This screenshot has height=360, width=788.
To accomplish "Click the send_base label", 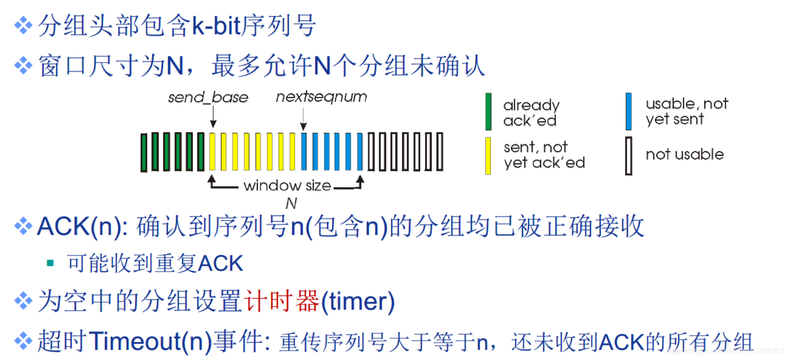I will (208, 97).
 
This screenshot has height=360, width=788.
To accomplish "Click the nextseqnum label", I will (321, 97).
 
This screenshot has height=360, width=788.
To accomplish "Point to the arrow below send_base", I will (213, 118).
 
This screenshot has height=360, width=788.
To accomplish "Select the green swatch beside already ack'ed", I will (488, 112).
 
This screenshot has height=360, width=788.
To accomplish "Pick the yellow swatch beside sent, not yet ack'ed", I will (488, 156).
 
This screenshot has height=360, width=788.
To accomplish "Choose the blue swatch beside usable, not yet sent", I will (629, 111).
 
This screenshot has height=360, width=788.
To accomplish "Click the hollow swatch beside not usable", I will (628, 156).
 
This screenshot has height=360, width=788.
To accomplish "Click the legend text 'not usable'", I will (684, 155).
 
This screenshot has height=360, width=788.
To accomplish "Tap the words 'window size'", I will (287, 185).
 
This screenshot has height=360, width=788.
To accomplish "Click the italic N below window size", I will (291, 203).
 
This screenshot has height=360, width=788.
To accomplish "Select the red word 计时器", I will (282, 301).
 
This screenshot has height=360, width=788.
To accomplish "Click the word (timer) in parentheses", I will (358, 301).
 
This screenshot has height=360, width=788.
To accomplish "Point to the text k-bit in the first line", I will (216, 26).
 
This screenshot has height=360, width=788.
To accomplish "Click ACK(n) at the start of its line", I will (82, 226).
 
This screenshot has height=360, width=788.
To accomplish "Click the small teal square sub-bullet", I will (50, 263).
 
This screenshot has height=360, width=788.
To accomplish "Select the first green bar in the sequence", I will (144, 152).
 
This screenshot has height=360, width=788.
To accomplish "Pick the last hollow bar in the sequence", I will (440, 152).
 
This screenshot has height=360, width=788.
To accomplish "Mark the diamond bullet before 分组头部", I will (23, 25).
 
